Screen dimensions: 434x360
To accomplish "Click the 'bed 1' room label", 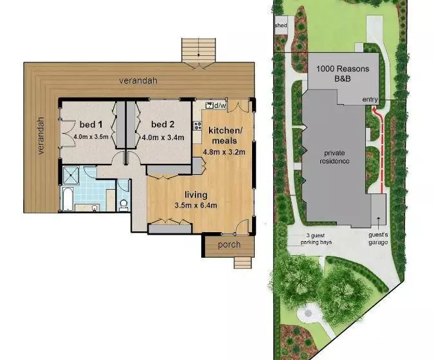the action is pyautogui.click(x=91, y=125).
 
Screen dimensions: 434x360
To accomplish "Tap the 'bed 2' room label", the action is pyautogui.click(x=163, y=124).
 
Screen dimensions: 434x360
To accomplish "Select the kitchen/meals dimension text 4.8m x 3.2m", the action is pyautogui.click(x=224, y=152).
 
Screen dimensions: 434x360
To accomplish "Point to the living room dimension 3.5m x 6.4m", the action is pyautogui.click(x=195, y=205).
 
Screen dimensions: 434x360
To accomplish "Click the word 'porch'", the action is pyautogui.click(x=229, y=245).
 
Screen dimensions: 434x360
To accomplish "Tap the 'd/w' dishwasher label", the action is pyautogui.click(x=220, y=105).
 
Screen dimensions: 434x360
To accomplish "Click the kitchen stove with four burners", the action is pyautogui.click(x=197, y=126).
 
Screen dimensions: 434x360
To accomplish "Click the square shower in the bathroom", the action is pyautogui.click(x=71, y=175).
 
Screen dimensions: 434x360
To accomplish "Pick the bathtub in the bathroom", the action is pyautogui.click(x=68, y=199).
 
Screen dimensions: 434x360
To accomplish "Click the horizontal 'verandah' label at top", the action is pyautogui.click(x=138, y=80).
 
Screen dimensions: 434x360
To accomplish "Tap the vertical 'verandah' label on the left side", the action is pyautogui.click(x=41, y=136).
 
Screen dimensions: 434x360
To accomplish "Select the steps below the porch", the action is pyautogui.click(x=243, y=262).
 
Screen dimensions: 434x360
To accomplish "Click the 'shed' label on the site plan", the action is pyautogui.click(x=281, y=25).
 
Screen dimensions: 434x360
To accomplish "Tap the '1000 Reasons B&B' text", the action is pyautogui.click(x=343, y=73).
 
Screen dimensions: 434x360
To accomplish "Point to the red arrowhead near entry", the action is pyautogui.click(x=374, y=111).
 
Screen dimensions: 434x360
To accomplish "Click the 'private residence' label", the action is pyautogui.click(x=334, y=157).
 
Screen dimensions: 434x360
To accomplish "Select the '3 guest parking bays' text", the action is pyautogui.click(x=316, y=239).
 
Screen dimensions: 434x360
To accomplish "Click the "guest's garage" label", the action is pyautogui.click(x=378, y=239).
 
